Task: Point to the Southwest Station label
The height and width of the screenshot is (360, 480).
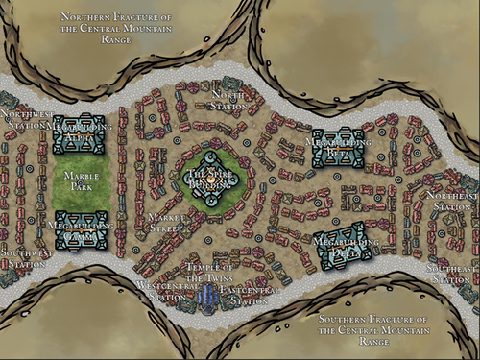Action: (x=23, y=257)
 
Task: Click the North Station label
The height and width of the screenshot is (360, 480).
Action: (x=228, y=99)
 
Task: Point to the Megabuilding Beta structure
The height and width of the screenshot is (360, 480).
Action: (x=339, y=147)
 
